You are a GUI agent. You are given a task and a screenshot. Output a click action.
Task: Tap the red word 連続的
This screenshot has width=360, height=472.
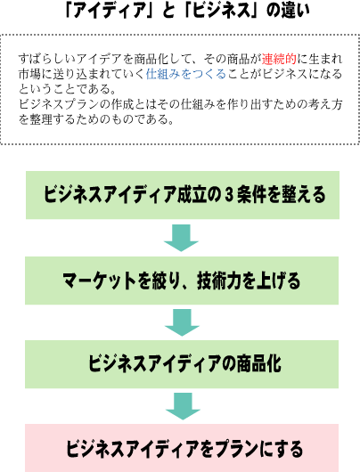(279, 59)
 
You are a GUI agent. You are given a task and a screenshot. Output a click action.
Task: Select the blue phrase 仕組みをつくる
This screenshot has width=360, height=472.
(186, 74)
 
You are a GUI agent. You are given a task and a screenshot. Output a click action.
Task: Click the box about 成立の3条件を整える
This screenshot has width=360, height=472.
(183, 195)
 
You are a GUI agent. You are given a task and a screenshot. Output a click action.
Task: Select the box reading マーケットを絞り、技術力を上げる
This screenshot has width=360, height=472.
(182, 281)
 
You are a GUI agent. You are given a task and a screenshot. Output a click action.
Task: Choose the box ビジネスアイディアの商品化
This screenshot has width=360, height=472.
(182, 364)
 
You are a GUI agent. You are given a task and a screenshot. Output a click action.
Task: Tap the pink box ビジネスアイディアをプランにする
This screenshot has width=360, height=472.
(182, 448)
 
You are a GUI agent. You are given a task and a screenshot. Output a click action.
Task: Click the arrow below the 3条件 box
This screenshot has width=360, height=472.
(182, 238)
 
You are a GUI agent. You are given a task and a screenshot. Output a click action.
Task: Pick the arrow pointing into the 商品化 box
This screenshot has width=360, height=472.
(182, 322)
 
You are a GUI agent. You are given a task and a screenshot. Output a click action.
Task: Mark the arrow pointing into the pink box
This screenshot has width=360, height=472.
(183, 406)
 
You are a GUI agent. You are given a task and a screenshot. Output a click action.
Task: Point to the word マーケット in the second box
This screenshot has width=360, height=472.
(100, 281)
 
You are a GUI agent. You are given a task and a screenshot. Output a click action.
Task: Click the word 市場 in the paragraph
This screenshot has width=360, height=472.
(30, 74)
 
